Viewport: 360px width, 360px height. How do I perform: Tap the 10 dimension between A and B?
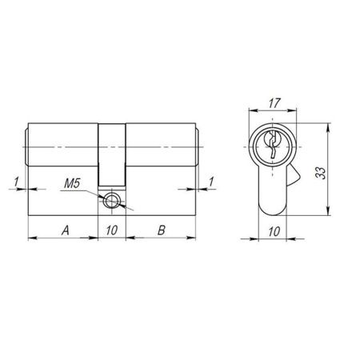click(x=112, y=230)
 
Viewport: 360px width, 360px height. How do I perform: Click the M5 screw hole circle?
click(x=112, y=201)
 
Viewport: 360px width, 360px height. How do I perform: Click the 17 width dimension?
click(x=274, y=105)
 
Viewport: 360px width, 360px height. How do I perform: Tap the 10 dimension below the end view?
click(x=274, y=230)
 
